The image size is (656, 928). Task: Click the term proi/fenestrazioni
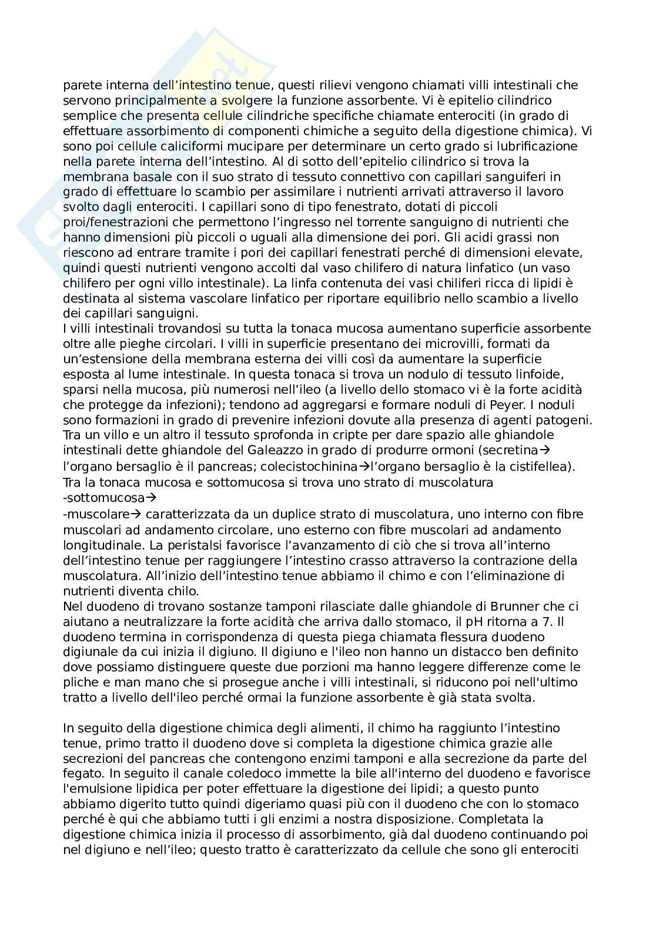pyautogui.click(x=118, y=222)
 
